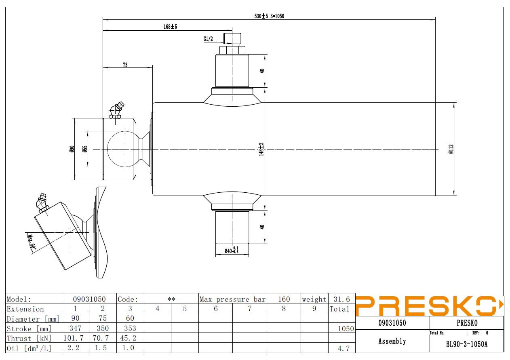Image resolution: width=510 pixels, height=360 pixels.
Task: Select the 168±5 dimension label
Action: pyautogui.click(x=171, y=27)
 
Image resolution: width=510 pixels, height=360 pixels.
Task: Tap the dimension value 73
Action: pyautogui.click(x=125, y=65)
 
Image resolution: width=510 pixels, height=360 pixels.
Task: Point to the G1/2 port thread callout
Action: pyautogui.click(x=208, y=39)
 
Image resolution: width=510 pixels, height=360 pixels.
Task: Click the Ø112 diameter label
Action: pyautogui.click(x=451, y=149)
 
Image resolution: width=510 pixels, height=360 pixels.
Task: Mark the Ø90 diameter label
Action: pyautogui.click(x=72, y=149)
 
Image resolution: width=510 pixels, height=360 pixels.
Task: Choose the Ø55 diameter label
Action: pyautogui.click(x=85, y=149)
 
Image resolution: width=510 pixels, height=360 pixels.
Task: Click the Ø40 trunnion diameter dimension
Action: pyautogui.click(x=232, y=251)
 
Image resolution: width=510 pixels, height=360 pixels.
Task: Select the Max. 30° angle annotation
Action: pyautogui.click(x=32, y=242)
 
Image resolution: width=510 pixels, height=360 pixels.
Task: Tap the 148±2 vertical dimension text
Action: pyautogui.click(x=261, y=149)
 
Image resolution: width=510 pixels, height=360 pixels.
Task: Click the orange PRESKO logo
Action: pyautogui.click(x=429, y=306)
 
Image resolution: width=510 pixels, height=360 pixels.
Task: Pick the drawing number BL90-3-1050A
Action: pyautogui.click(x=467, y=344)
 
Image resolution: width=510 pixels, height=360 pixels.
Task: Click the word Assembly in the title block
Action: pyautogui.click(x=392, y=341)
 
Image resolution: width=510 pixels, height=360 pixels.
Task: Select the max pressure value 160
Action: pyautogui.click(x=284, y=299)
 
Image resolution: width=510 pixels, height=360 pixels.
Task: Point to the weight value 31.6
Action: pyautogui.click(x=342, y=299)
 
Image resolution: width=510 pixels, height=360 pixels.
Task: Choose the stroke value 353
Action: pyautogui.click(x=130, y=328)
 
